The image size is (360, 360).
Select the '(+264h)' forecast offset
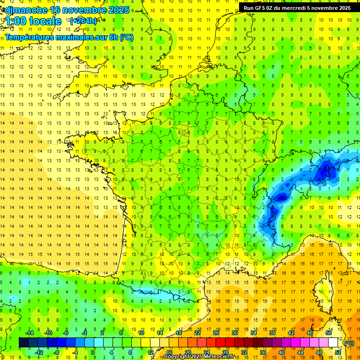83,21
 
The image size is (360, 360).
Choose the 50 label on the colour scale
329,333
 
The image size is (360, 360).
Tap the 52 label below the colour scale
337,352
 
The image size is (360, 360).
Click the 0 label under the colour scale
93,352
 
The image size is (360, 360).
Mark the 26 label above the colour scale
216,333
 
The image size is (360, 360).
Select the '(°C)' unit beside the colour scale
349,343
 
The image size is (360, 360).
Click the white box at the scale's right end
333,343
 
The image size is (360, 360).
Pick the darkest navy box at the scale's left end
23,343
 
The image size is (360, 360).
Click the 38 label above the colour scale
272,333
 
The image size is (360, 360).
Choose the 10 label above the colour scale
141,333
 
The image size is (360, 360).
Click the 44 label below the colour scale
300,352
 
